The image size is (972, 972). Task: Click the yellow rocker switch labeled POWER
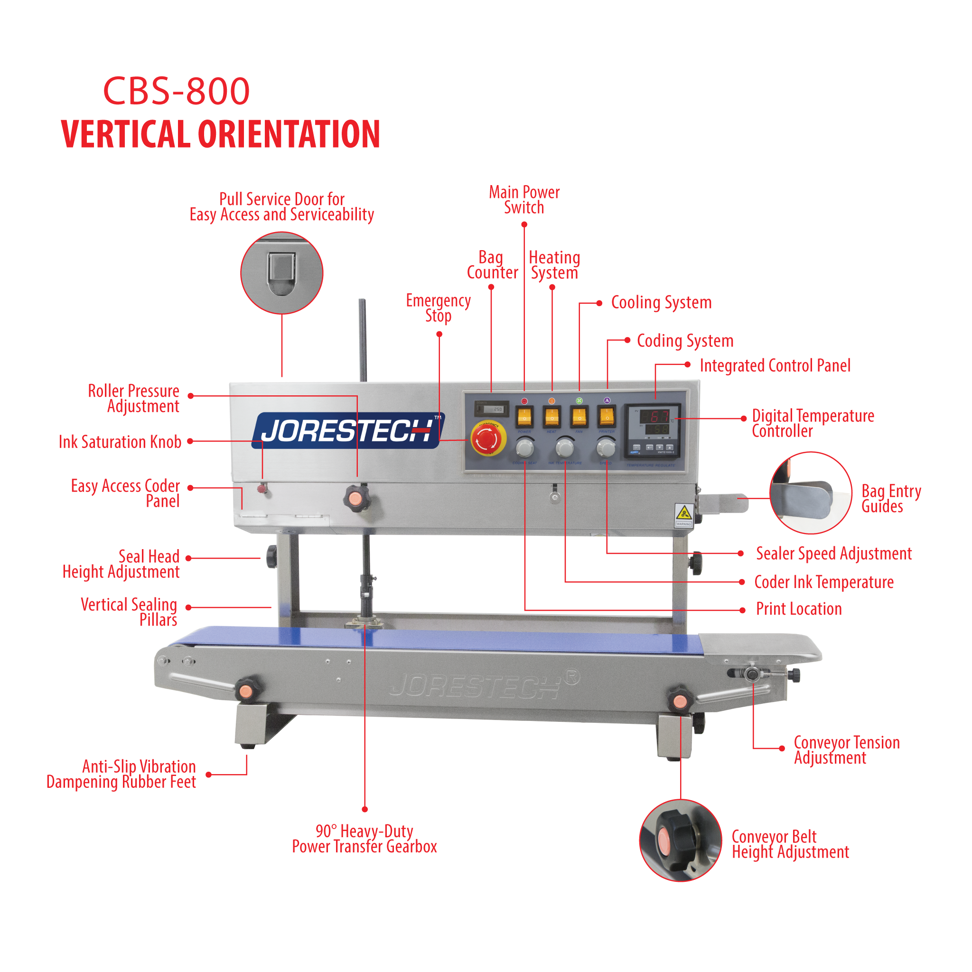pyautogui.click(x=524, y=417)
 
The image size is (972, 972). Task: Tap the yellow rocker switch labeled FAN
pyautogui.click(x=579, y=417)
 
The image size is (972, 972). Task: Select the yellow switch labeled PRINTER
pyautogui.click(x=607, y=417)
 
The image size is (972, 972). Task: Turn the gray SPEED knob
pyautogui.click(x=606, y=447)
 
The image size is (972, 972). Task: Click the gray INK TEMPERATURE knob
pyautogui.click(x=565, y=447)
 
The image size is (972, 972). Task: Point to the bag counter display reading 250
pyautogui.click(x=492, y=409)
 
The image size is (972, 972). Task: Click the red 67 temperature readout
pyautogui.click(x=654, y=417)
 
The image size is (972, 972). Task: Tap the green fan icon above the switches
pyautogui.click(x=579, y=401)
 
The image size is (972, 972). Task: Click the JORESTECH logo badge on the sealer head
pyautogui.click(x=348, y=430)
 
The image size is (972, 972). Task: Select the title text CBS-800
pyautogui.click(x=176, y=91)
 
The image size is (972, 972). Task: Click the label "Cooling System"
pyautogui.click(x=661, y=303)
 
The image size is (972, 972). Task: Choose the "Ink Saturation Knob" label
pyautogui.click(x=120, y=442)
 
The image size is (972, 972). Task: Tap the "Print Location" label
pyautogui.click(x=798, y=609)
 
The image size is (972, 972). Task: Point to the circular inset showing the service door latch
pyautogui.click(x=282, y=273)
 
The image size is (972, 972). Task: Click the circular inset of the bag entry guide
pyautogui.click(x=811, y=493)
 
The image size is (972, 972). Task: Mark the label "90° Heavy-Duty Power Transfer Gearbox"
pyautogui.click(x=364, y=839)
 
